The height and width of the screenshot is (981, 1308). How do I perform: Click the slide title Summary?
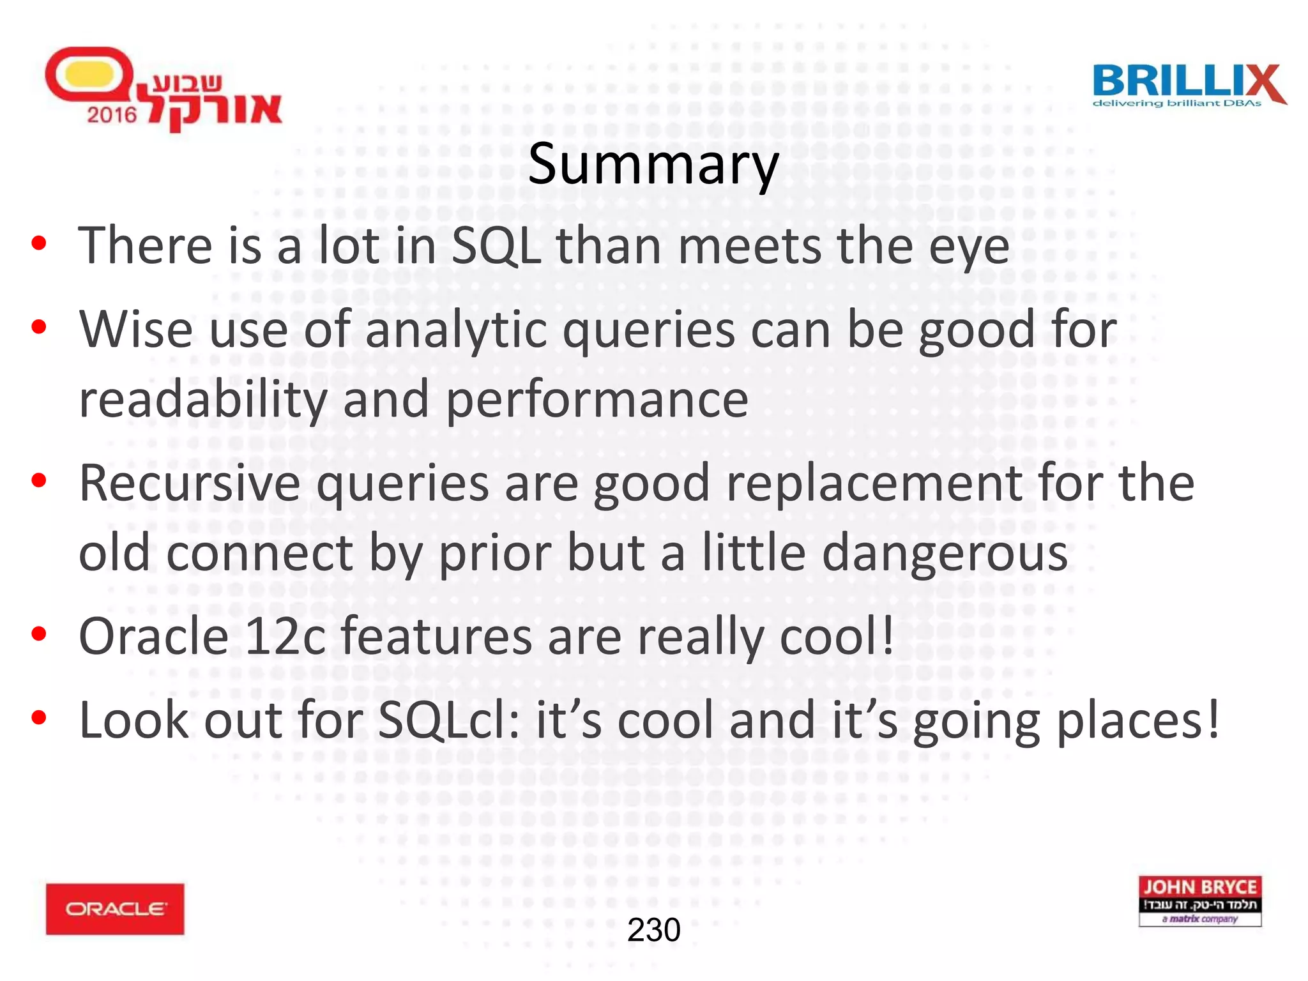click(653, 165)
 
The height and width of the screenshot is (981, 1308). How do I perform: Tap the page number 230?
click(653, 930)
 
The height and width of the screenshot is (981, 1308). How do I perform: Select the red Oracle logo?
click(115, 909)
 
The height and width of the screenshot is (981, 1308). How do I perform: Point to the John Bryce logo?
click(1199, 901)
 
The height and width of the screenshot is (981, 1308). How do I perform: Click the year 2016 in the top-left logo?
click(112, 115)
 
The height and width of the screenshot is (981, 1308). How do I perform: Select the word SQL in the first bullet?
click(496, 246)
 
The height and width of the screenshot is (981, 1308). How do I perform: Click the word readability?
click(202, 400)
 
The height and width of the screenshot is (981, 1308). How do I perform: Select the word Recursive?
click(189, 483)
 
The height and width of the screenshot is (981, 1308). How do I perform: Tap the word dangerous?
click(945, 553)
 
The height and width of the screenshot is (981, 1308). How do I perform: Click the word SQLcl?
click(449, 720)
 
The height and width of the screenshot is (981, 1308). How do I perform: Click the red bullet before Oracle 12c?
click(39, 634)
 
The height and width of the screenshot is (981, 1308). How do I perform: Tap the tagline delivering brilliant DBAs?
click(1176, 103)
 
